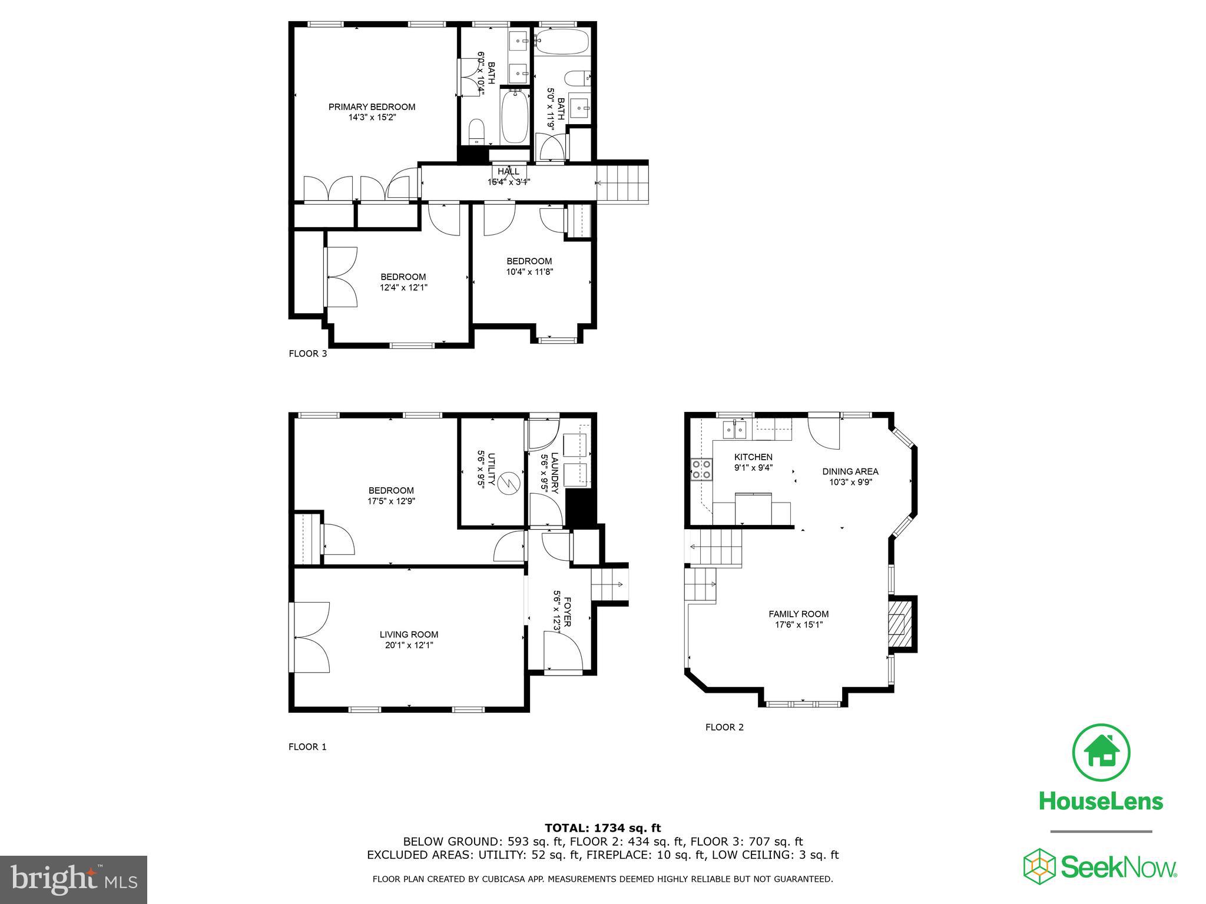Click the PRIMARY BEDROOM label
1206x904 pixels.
[x=372, y=107]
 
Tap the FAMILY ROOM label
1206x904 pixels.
[x=799, y=614]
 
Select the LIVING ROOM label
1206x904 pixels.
[x=409, y=634]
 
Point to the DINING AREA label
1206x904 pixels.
[x=850, y=471]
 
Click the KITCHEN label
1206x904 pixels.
[x=753, y=457]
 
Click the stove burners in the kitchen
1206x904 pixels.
[x=701, y=469]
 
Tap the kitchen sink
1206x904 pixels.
[x=734, y=430]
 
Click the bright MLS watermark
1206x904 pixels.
[x=74, y=880]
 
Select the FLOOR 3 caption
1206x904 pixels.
[x=307, y=354]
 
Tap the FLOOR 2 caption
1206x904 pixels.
[x=724, y=727]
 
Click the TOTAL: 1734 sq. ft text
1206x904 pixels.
[x=602, y=828]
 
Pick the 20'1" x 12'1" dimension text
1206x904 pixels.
[x=409, y=645]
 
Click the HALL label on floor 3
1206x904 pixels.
[x=508, y=172]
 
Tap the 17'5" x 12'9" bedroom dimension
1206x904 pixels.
[x=391, y=501]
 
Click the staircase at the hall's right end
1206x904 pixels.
[x=622, y=183]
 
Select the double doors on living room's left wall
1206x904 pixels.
[x=310, y=637]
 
